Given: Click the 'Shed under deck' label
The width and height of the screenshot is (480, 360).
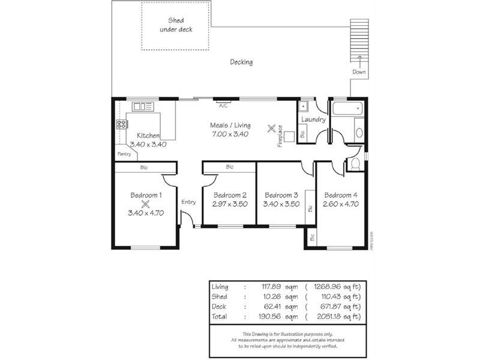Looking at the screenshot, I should pos(176,25).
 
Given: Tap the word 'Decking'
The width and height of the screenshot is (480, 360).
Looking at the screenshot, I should pos(241,62).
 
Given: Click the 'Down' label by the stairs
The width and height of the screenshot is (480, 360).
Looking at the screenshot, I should pos(359,72).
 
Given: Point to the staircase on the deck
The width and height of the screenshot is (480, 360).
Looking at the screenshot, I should pos(359,40).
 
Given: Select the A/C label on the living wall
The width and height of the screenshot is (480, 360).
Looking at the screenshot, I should pos(223,106).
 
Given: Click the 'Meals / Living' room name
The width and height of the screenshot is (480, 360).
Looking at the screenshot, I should pos(230,125).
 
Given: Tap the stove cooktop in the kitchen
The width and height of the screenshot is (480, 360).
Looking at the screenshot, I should pos(122,125).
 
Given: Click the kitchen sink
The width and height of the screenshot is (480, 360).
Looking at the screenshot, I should pos(143,107).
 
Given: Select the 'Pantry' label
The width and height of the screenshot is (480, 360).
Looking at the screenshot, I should pos(124,154).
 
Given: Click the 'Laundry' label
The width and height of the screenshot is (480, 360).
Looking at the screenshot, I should pos(313,119).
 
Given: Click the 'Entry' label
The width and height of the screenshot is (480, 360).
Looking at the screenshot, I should pos(188,202).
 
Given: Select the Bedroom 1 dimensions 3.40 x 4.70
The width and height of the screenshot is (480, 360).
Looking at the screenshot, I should pos(146,212).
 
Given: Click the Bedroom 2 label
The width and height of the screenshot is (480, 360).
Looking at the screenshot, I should pos(230,195).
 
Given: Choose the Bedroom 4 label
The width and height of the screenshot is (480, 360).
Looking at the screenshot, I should pos(341,195).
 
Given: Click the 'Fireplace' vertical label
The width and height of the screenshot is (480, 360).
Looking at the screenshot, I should pos(280,136).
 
